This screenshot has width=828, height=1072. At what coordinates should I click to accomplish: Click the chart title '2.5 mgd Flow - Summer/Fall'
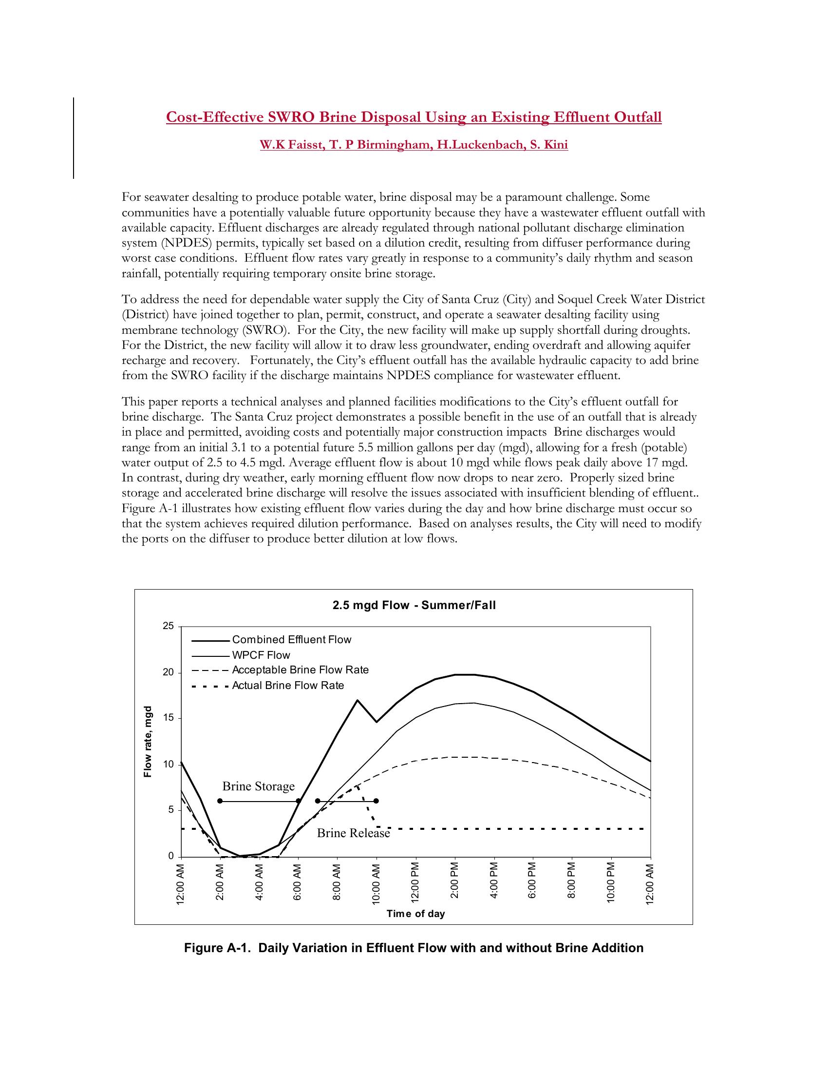pyautogui.click(x=414, y=605)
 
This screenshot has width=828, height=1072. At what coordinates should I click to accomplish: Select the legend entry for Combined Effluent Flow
pyautogui.click(x=291, y=640)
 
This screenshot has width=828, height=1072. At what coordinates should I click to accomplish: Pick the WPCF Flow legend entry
pyautogui.click(x=261, y=655)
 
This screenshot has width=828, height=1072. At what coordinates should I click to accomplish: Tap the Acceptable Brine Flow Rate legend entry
pyautogui.click(x=300, y=670)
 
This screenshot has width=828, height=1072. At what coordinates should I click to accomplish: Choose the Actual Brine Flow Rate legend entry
pyautogui.click(x=288, y=686)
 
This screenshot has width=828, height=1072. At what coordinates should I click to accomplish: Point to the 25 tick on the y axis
pyautogui.click(x=168, y=626)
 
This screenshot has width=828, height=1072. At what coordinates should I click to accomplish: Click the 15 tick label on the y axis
pyautogui.click(x=168, y=719)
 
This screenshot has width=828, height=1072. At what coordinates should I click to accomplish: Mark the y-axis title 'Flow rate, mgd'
pyautogui.click(x=148, y=741)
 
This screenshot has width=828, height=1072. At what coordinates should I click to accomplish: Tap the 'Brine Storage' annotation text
pyautogui.click(x=259, y=786)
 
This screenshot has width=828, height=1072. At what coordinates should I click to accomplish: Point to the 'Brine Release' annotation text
pyautogui.click(x=353, y=833)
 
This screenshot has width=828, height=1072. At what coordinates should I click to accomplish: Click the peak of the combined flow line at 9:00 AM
pyautogui.click(x=358, y=700)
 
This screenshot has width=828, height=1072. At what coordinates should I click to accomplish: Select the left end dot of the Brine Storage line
pyautogui.click(x=220, y=801)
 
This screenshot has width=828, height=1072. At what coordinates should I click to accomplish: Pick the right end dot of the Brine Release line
pyautogui.click(x=376, y=801)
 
